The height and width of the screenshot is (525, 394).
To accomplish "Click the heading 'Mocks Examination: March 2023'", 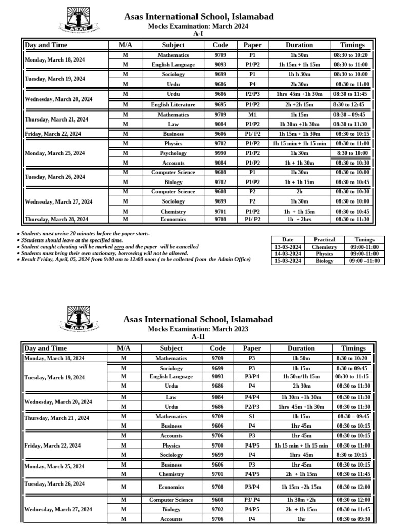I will click(x=198, y=329).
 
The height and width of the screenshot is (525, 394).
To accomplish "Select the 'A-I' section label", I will click(x=198, y=33).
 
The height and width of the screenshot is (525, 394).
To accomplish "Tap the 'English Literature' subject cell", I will click(x=173, y=104).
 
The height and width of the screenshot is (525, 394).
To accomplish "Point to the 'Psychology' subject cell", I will click(x=173, y=153).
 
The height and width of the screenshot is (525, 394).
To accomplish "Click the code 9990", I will click(x=220, y=153).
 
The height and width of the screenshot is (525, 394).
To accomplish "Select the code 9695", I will click(x=220, y=104).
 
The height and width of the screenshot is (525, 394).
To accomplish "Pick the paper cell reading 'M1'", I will click(x=252, y=114).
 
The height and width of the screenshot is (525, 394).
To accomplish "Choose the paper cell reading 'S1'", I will click(x=252, y=417).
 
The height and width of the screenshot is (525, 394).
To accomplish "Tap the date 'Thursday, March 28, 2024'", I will click(x=56, y=219).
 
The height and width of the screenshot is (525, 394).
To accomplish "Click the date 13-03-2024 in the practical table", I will click(x=288, y=247).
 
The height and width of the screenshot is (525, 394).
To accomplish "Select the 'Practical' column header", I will click(x=324, y=239).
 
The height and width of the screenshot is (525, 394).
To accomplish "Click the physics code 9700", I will click(x=220, y=446).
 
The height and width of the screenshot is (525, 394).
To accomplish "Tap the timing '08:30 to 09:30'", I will click(x=353, y=519).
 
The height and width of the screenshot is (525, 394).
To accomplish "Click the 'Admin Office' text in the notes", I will click(x=233, y=260).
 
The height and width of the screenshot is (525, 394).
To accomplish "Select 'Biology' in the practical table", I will click(x=324, y=261).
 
